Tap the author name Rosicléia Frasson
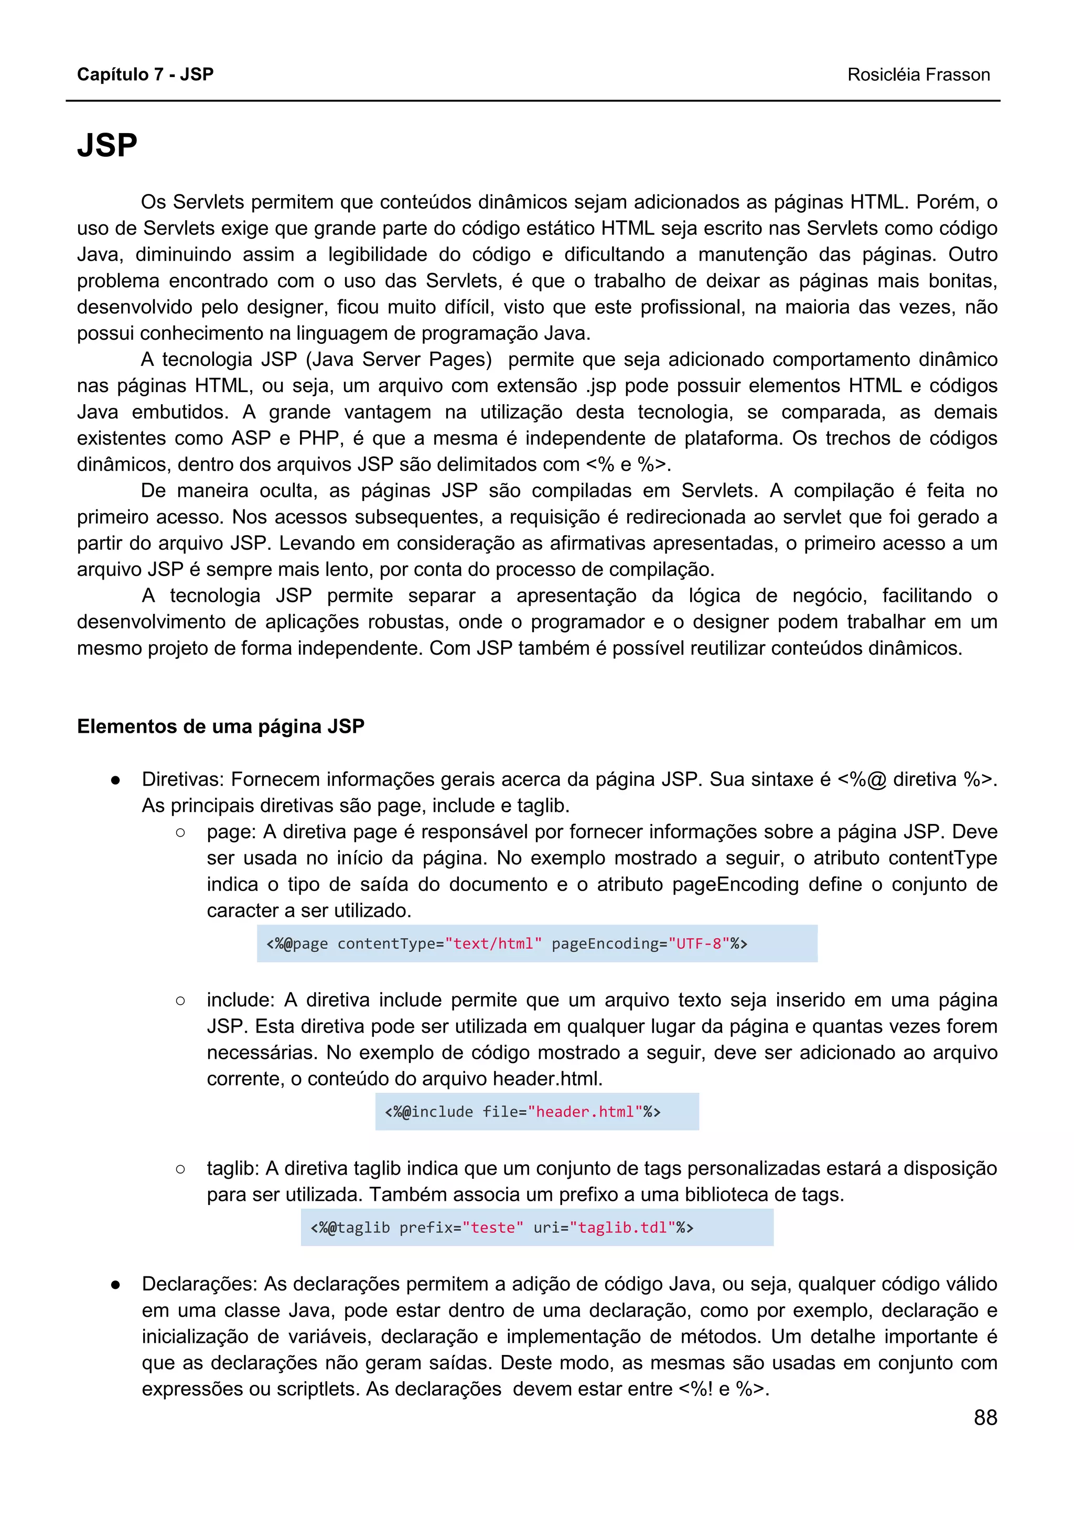[918, 75]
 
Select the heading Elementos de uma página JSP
[220, 726]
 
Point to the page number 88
[985, 1417]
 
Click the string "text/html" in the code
[493, 943]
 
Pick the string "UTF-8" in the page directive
[698, 943]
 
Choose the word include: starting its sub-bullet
[240, 1000]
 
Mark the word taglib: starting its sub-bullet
[233, 1168]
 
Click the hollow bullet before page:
[180, 833]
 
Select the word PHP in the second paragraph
[319, 438]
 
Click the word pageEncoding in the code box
[604, 943]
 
